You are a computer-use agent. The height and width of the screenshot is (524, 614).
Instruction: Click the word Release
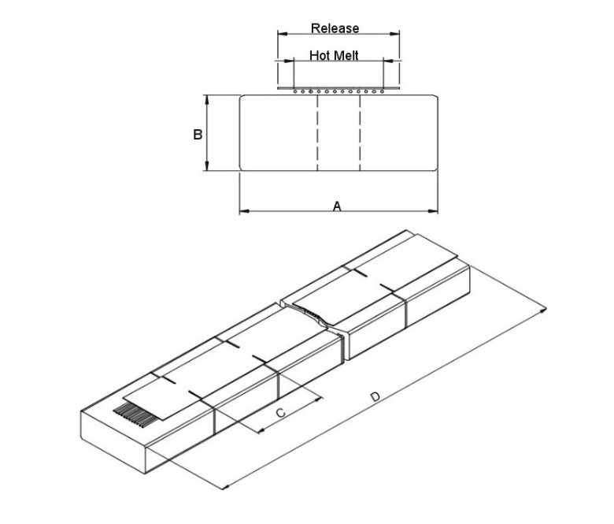pyautogui.click(x=335, y=28)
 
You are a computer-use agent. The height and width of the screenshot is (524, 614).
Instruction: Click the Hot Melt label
pyautogui.click(x=334, y=56)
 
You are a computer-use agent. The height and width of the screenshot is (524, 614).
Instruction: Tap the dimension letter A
pyautogui.click(x=337, y=206)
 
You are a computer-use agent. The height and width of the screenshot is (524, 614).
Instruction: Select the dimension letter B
pyautogui.click(x=198, y=135)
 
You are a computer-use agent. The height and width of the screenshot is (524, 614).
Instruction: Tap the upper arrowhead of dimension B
pyautogui.click(x=206, y=98)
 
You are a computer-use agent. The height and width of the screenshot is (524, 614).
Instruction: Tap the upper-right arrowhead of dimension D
pyautogui.click(x=542, y=314)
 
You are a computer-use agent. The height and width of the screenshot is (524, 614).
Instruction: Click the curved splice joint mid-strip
pyautogui.click(x=314, y=317)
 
